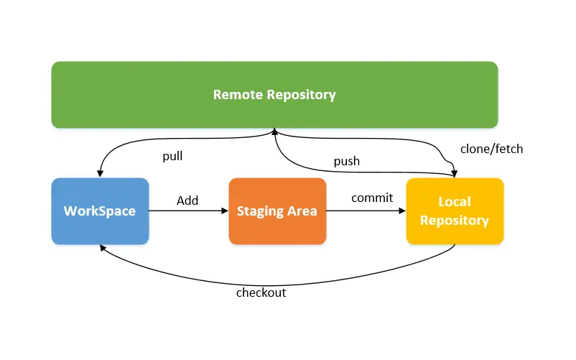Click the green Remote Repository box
[274, 95]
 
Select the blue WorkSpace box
[100, 211]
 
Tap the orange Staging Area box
[277, 211]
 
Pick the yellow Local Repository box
[455, 211]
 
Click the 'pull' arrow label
[172, 155]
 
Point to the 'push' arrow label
[346, 161]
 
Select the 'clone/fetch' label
[491, 149]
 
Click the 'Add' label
[187, 200]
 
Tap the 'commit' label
[372, 198]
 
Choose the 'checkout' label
[261, 292]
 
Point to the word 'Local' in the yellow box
[455, 203]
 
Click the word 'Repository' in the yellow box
[455, 221]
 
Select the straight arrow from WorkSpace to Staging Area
[188, 211]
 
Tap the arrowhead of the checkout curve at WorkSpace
[103, 246]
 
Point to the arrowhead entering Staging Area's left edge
[225, 211]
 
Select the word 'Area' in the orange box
[303, 211]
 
